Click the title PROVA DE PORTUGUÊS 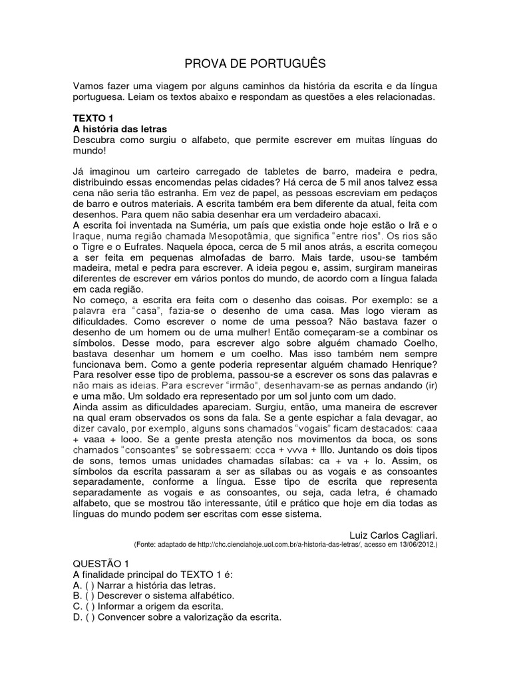pos(255,64)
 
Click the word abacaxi pos(359,215)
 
